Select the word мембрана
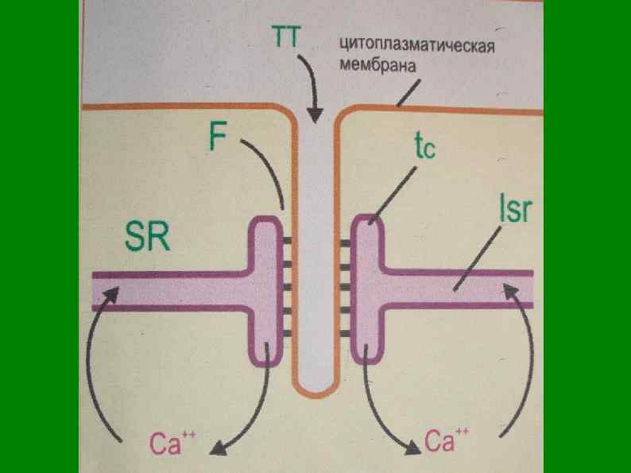377,66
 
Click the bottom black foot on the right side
346,334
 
